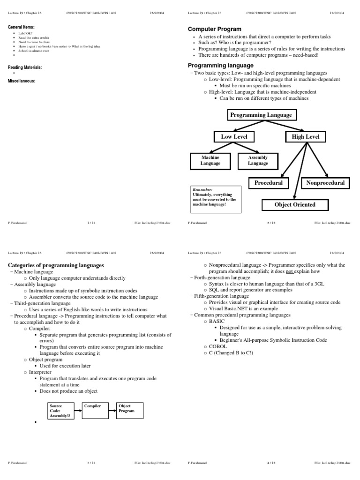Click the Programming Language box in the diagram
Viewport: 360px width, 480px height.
[261, 115]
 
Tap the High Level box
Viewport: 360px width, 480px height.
[306, 137]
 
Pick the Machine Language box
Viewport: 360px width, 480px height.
[210, 161]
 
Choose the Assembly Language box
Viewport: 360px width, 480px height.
[258, 161]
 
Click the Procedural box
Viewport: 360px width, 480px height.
[269, 183]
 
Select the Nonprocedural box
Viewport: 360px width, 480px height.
[325, 183]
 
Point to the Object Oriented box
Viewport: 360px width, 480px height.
[295, 205]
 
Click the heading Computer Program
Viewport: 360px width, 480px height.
[215, 29]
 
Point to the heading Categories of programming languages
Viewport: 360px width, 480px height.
[56, 265]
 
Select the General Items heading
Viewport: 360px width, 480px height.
[21, 28]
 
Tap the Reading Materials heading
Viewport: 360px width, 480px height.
[25, 67]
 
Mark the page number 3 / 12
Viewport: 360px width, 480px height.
[91, 463]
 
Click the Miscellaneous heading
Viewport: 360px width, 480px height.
[22, 81]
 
